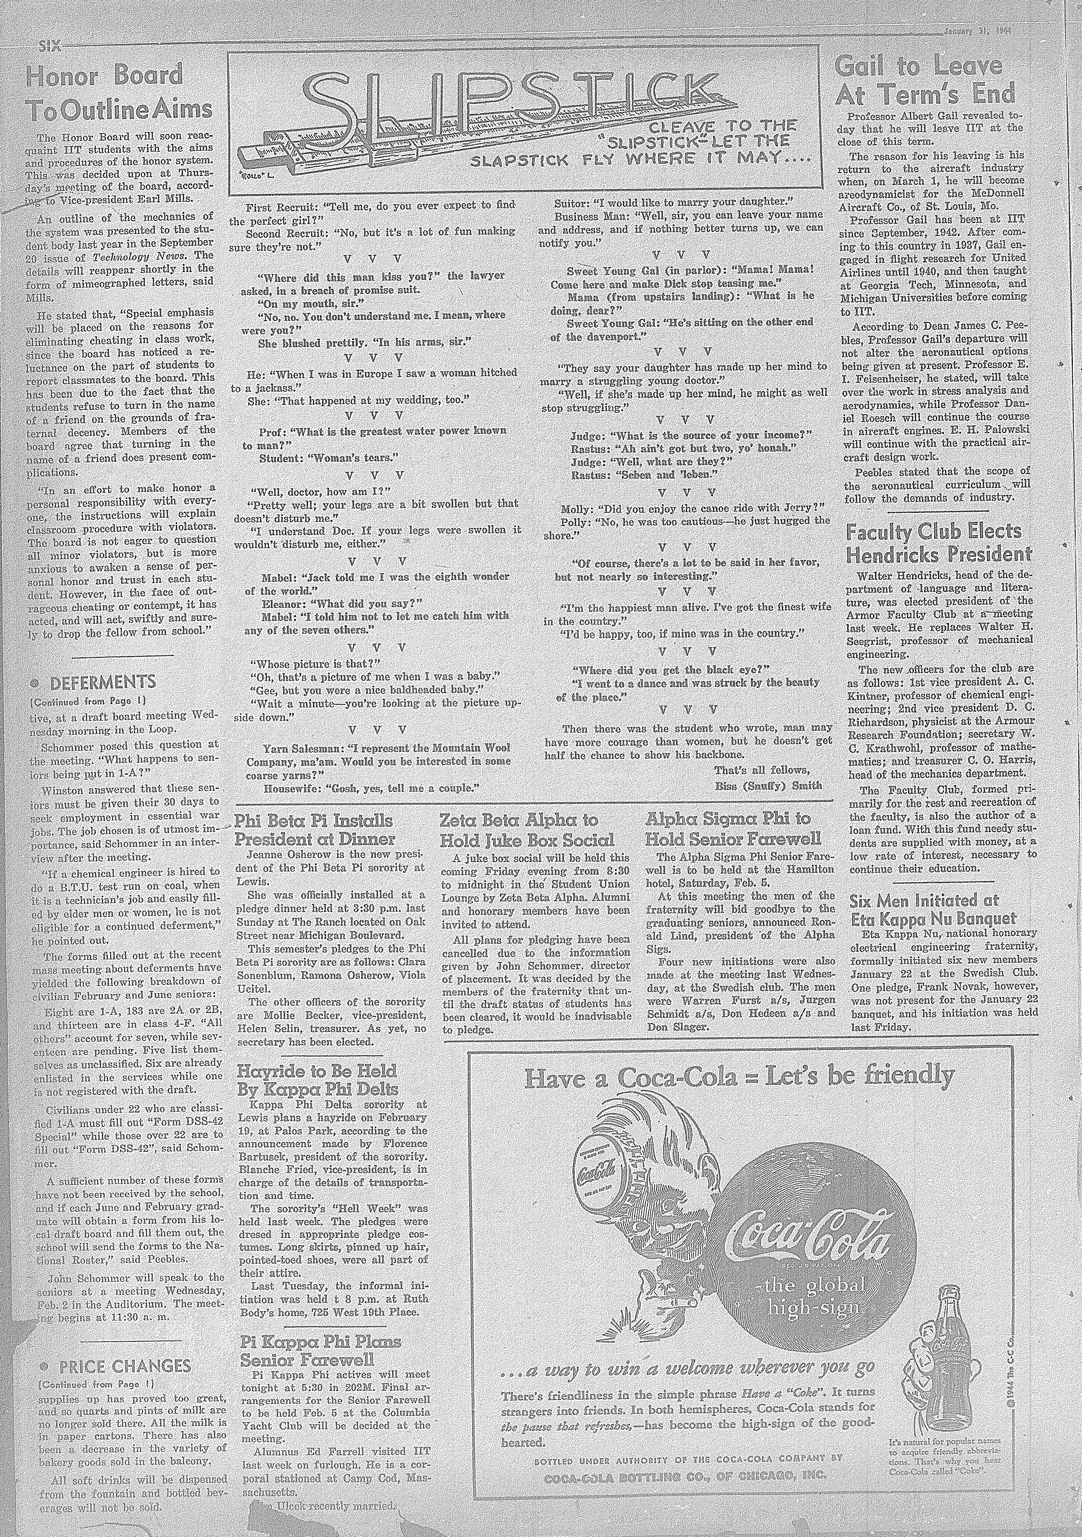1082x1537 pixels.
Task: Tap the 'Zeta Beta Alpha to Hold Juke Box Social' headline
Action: point(527,829)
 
